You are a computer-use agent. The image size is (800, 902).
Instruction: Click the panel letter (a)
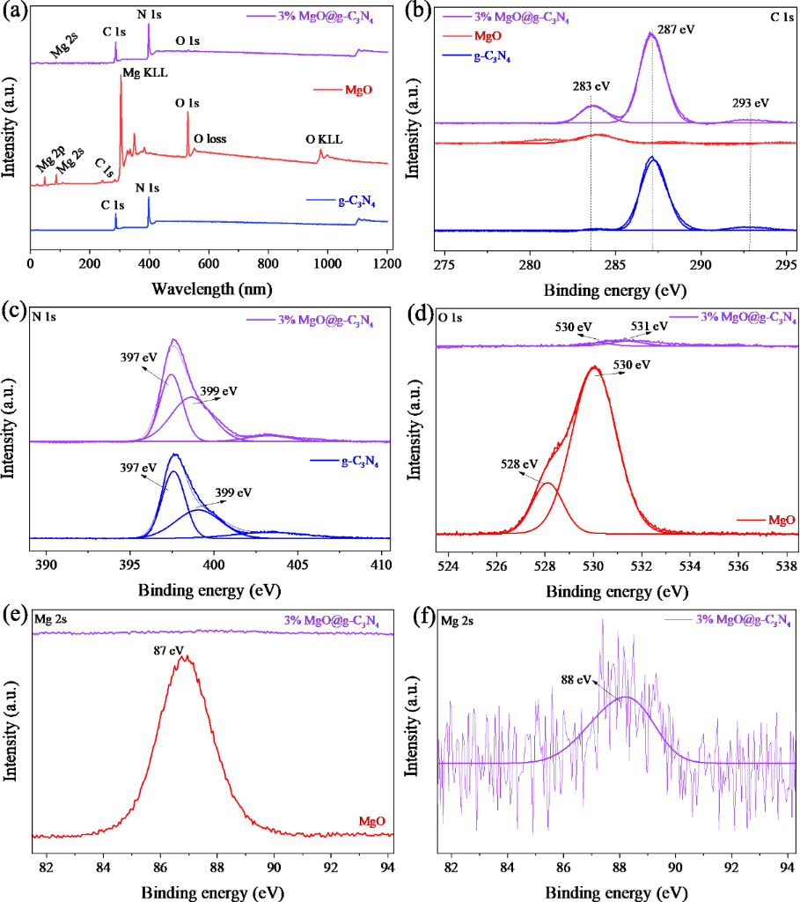pos(15,12)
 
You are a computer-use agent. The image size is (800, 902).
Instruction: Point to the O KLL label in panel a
pos(324,139)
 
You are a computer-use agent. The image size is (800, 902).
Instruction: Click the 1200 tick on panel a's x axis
pos(387,263)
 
